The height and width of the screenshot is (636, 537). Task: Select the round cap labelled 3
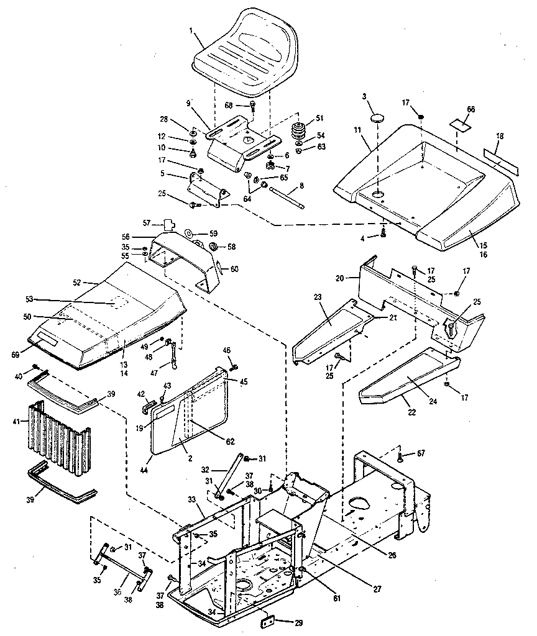pyautogui.click(x=379, y=117)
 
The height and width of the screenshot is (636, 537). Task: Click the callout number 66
pyautogui.click(x=470, y=109)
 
